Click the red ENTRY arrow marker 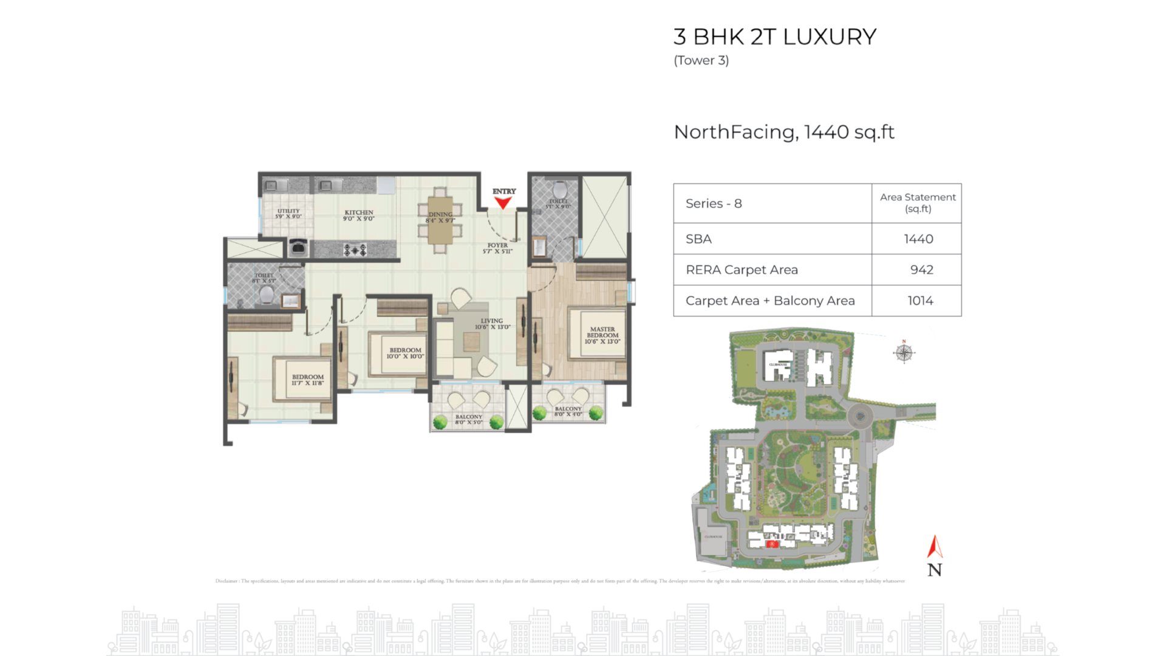pos(503,203)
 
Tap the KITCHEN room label pos(359,216)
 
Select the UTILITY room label pos(288,214)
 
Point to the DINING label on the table pos(440,217)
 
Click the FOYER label pos(497,248)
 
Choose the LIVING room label pos(492,324)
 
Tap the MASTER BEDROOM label pos(602,335)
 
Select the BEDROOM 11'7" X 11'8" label pos(308,380)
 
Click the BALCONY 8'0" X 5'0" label pos(469,420)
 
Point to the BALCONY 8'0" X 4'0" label pos(568,412)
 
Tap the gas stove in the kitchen pos(355,249)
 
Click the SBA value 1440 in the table pos(918,239)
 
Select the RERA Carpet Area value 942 pos(921,270)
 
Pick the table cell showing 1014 pos(920,301)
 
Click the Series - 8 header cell pos(714,204)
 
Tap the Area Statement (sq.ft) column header pos(918,203)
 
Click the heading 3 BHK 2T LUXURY pos(775,37)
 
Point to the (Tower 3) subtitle pos(701,61)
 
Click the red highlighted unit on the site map pos(772,544)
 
